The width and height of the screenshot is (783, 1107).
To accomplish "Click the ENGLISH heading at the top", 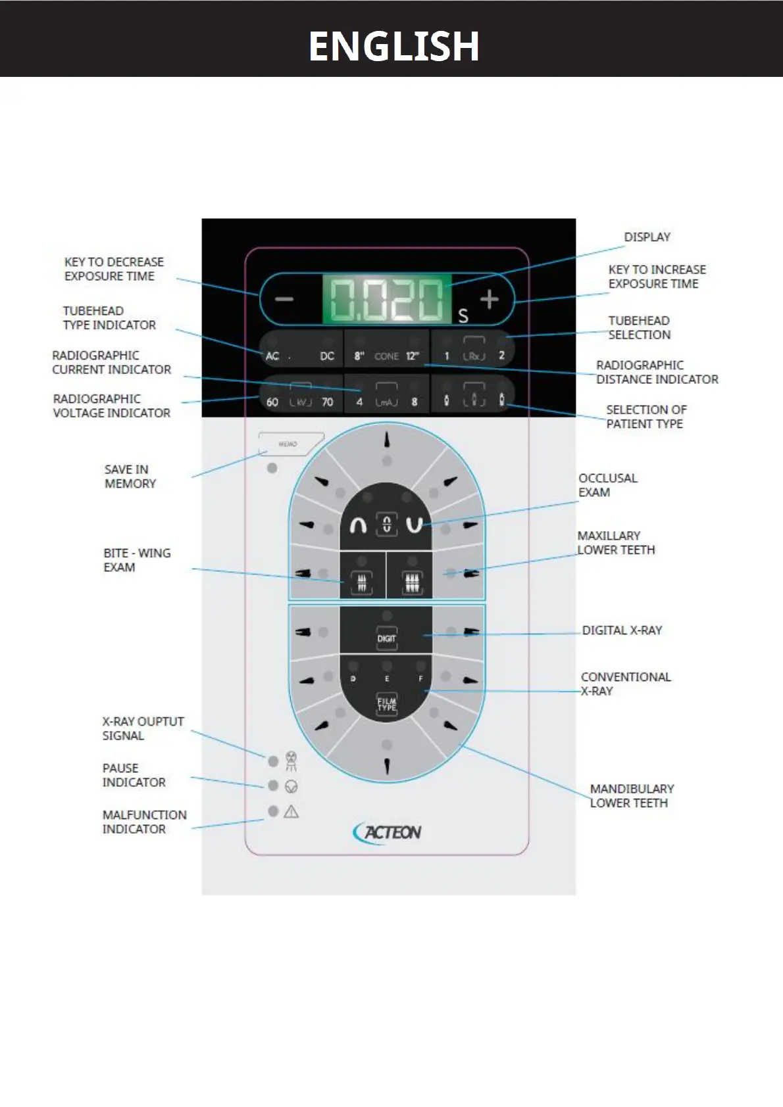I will [x=393, y=46].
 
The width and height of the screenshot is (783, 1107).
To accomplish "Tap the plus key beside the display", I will [x=489, y=300].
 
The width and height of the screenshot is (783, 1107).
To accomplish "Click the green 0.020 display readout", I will [x=386, y=300].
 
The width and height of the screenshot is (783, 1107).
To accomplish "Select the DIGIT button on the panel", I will [x=386, y=638].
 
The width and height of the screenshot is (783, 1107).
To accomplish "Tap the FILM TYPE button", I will [x=386, y=704].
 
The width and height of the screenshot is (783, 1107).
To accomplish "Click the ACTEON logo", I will [x=388, y=832].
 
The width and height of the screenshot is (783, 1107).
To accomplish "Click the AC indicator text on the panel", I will [x=272, y=356].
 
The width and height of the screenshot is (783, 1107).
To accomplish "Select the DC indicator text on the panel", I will [x=327, y=356].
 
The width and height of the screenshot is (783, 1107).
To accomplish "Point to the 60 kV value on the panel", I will [x=272, y=402].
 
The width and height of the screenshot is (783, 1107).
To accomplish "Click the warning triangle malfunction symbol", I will [x=291, y=812].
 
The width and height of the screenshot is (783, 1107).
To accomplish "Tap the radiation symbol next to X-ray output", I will [x=291, y=761].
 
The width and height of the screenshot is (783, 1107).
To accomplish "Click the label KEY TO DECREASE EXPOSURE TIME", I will [x=113, y=269].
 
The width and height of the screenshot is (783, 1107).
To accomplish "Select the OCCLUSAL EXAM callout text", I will [x=607, y=485].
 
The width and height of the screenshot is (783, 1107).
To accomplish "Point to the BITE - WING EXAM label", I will [x=136, y=560].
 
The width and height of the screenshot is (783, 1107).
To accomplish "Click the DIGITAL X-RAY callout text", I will [x=622, y=630].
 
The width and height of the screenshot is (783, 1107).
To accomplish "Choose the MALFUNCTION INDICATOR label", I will [x=144, y=822].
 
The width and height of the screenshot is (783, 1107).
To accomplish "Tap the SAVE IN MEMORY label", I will [x=130, y=477].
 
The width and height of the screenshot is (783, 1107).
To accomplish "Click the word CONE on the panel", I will [x=386, y=356].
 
